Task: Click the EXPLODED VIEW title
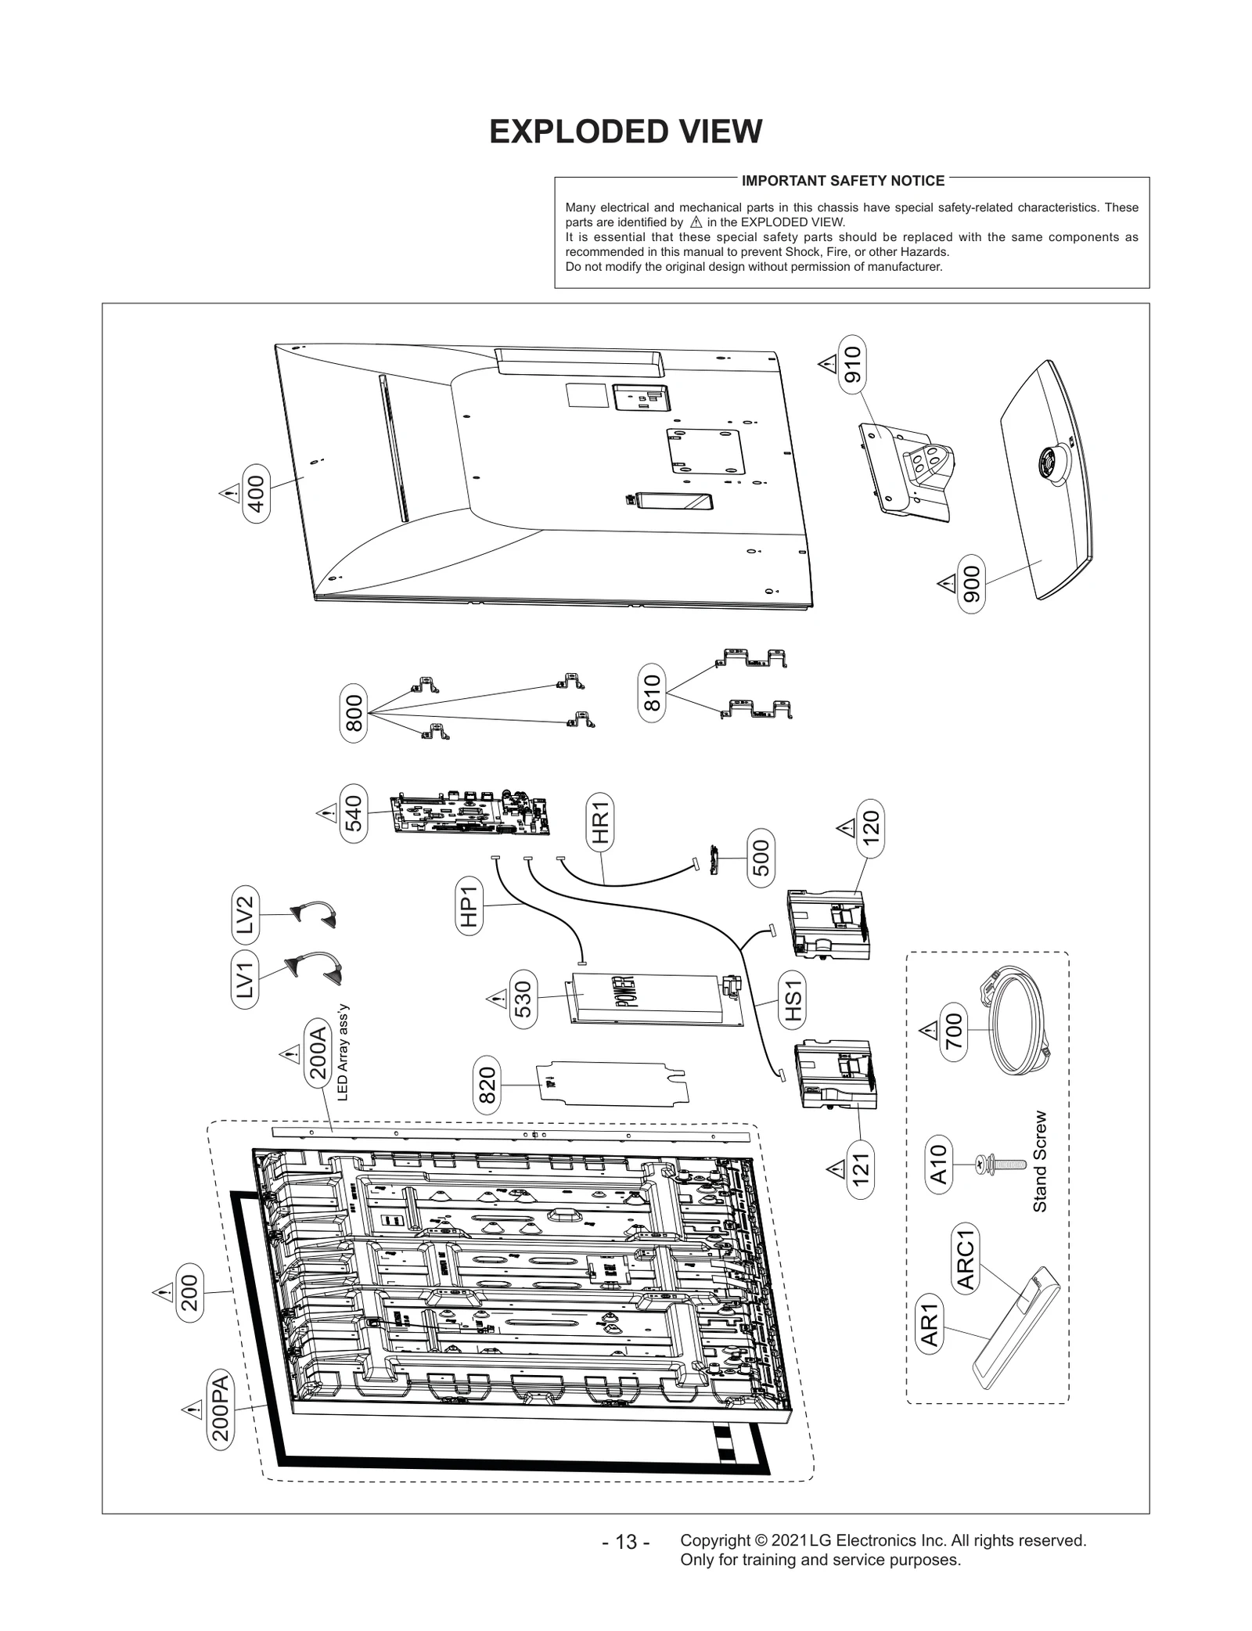tap(625, 131)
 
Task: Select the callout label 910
tap(851, 364)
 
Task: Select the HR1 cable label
tap(600, 821)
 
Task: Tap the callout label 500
tap(761, 858)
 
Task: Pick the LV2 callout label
tap(245, 914)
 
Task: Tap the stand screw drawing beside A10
tap(998, 1164)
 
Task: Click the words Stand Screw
tap(1039, 1162)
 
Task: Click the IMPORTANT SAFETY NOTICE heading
tap(843, 181)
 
